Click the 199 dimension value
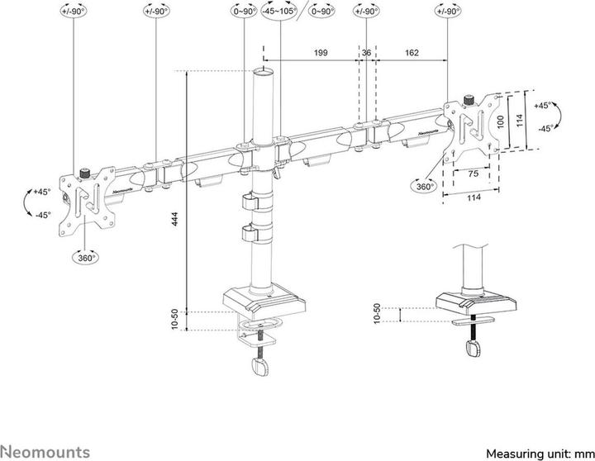pos(321,52)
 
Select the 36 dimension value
pos(366,52)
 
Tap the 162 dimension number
pos(411,52)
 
